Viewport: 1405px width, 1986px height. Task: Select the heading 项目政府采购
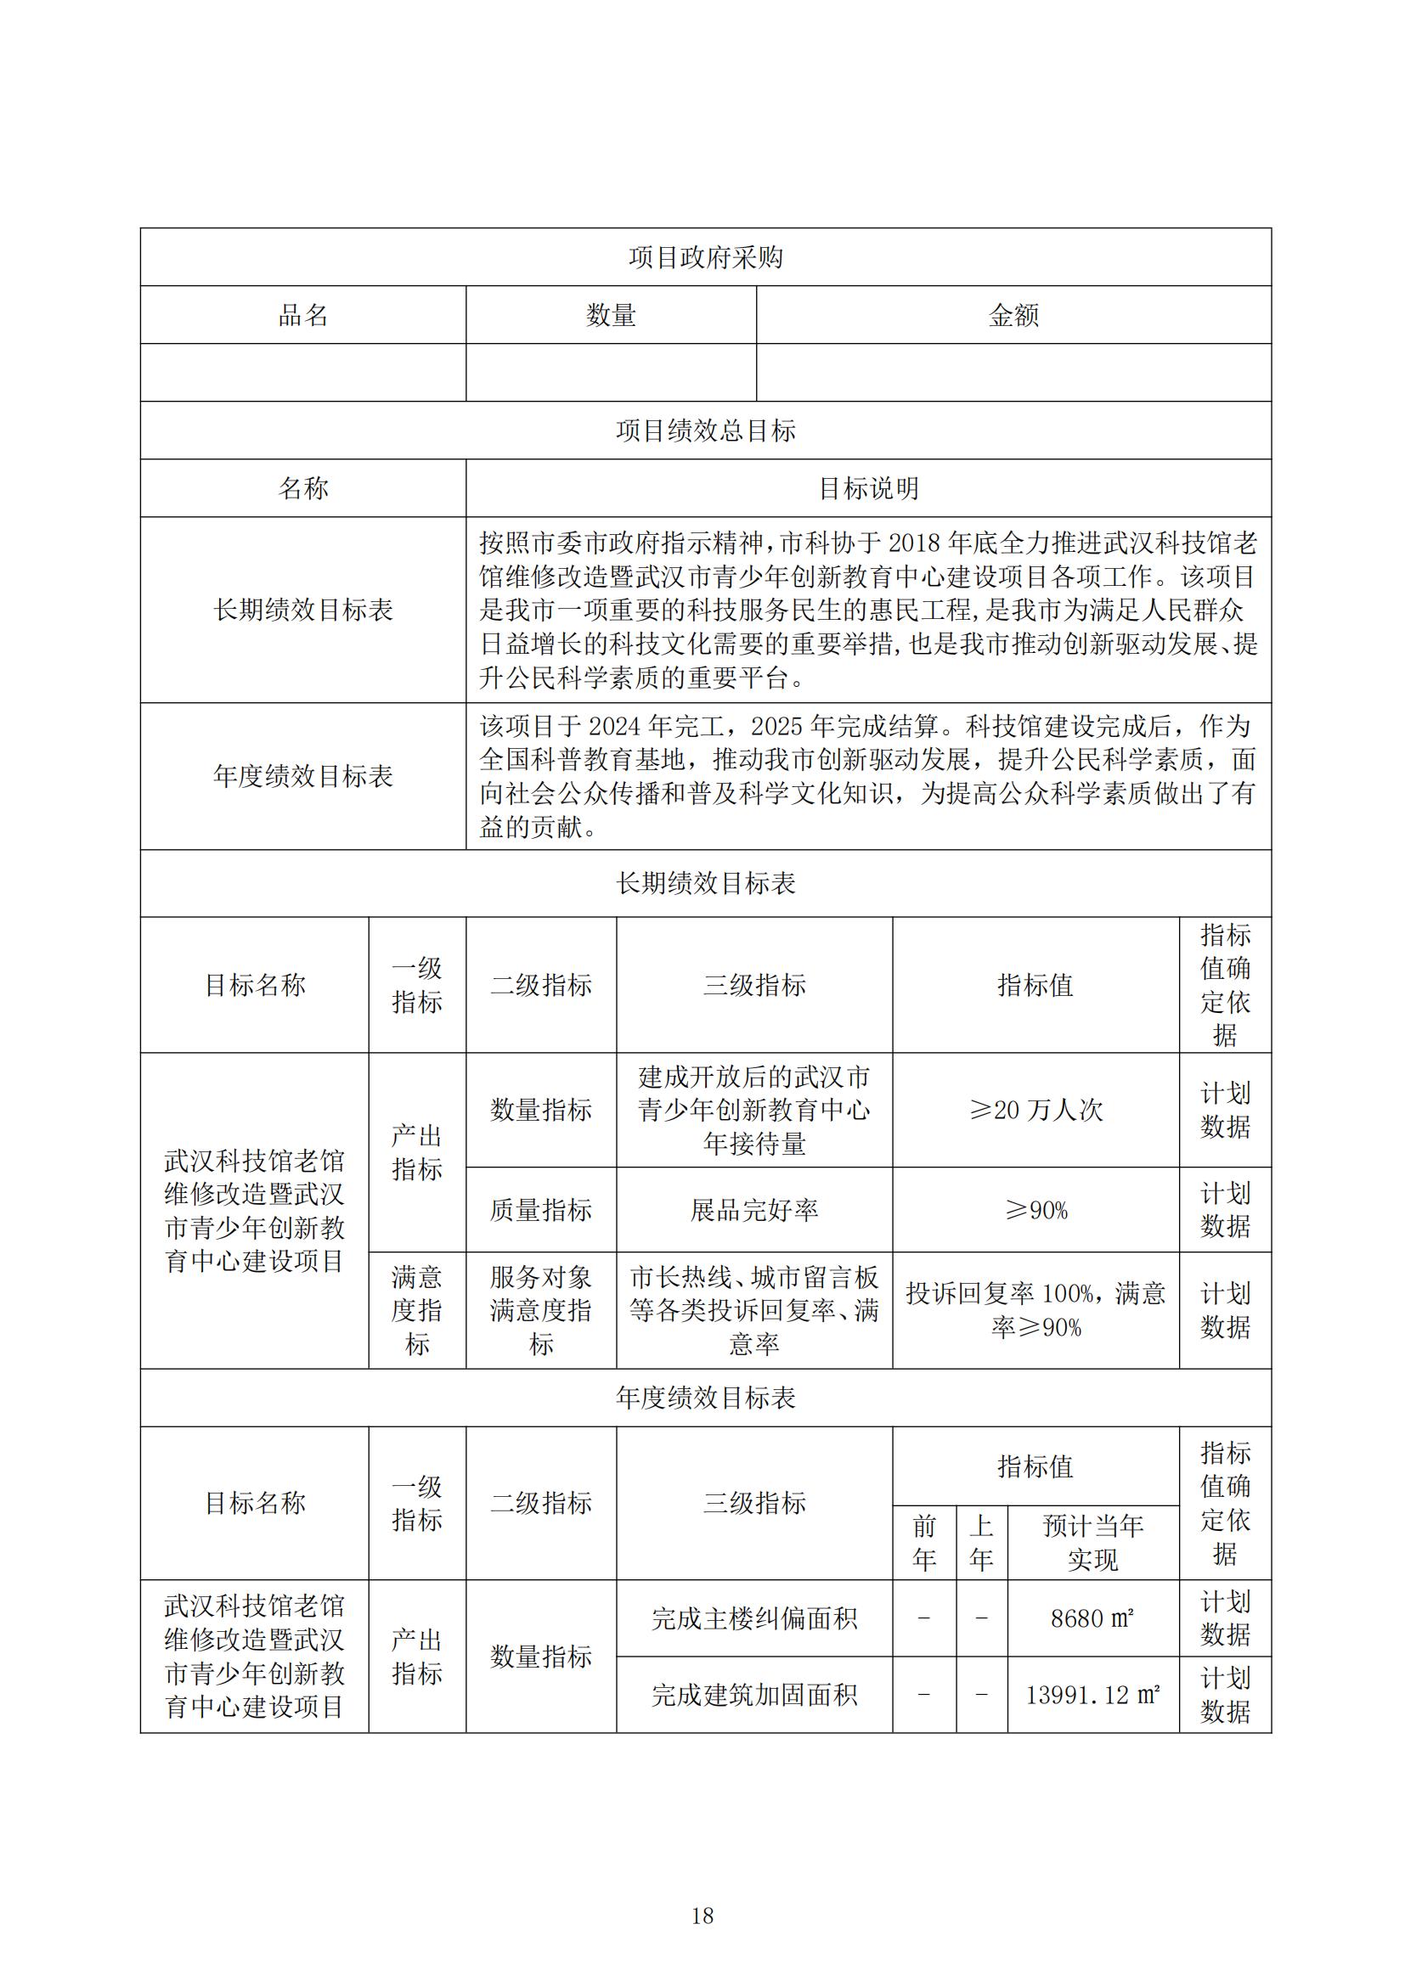705,257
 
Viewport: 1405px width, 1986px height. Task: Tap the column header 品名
302,315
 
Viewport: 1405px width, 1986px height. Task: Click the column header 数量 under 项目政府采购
611,315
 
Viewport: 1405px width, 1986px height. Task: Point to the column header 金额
1013,315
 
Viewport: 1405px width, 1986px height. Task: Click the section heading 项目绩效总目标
705,430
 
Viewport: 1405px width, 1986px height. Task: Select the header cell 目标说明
868,489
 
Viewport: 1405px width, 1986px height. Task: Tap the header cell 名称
302,489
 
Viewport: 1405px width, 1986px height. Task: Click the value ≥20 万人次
1035,1110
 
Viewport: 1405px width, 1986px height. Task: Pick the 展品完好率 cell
753,1210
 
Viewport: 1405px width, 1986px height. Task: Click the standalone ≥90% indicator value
1035,1210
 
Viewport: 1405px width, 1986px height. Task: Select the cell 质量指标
541,1210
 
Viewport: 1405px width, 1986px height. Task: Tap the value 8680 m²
1092,1618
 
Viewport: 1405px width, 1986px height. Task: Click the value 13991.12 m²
1092,1695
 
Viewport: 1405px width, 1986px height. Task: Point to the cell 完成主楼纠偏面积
753,1618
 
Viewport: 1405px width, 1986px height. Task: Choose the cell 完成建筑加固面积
753,1695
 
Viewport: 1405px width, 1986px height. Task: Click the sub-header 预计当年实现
1092,1542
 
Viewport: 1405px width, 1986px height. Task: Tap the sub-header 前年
924,1542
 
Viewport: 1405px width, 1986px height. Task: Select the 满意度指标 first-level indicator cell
417,1310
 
